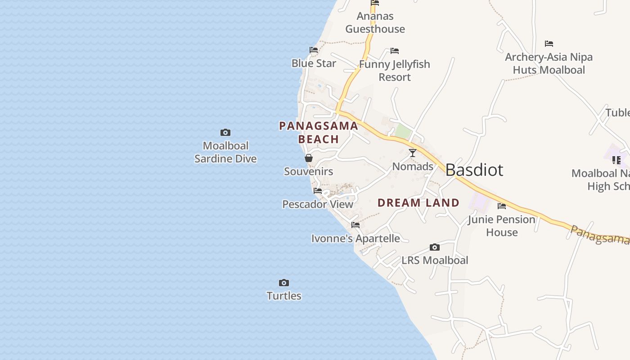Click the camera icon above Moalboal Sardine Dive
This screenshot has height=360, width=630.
tap(225, 132)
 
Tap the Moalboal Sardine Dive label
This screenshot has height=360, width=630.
tap(225, 152)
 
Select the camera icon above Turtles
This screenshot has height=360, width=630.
tap(284, 283)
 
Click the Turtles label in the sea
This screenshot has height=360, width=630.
tap(284, 296)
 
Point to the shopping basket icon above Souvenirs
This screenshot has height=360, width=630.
tap(309, 158)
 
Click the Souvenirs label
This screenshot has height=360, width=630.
tap(309, 171)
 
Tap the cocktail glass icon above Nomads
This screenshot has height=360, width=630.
tap(413, 153)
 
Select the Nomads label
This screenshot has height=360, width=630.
tap(413, 166)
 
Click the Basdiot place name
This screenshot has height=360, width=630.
tap(474, 170)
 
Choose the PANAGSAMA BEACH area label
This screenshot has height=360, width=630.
tap(319, 132)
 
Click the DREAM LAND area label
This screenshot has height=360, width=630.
tap(418, 203)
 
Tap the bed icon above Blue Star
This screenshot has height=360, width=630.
tap(314, 50)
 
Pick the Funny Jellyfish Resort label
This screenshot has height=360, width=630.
tap(395, 71)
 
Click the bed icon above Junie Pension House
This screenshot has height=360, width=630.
tap(502, 206)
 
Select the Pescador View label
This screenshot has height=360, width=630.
tap(318, 204)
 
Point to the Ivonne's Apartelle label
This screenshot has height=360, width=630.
tap(355, 238)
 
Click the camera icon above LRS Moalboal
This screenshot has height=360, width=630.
tap(435, 247)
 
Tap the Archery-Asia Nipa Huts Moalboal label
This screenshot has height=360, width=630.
tap(549, 63)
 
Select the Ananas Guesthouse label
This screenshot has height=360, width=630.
tap(375, 22)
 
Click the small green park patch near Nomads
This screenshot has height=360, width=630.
tap(403, 131)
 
